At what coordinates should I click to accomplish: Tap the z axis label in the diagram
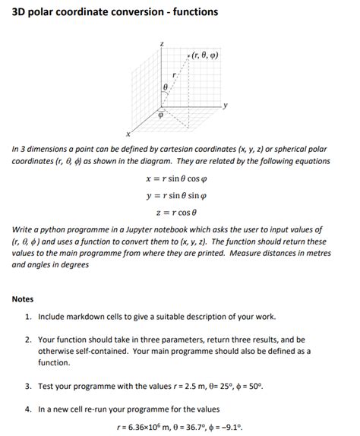(x=161, y=45)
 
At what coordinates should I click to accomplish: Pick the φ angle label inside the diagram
(x=160, y=116)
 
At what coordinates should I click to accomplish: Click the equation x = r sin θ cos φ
(x=180, y=179)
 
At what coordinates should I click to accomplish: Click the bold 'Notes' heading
(x=23, y=299)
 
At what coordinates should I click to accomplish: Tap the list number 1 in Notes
(x=28, y=317)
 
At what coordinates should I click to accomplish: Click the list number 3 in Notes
(x=28, y=386)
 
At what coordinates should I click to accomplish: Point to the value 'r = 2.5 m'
(x=199, y=386)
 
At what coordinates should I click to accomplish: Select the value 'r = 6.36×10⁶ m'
(x=150, y=425)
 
